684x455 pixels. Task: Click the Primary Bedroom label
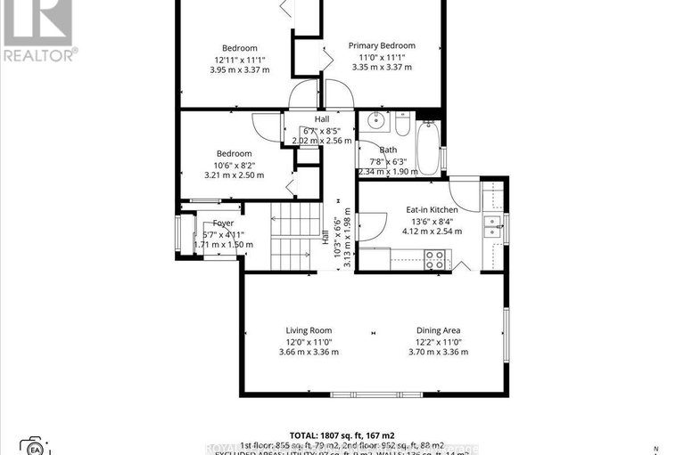382,45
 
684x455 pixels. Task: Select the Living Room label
309,330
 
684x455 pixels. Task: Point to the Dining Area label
438,330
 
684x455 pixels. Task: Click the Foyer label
223,223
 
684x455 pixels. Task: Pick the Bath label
388,150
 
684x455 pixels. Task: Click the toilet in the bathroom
401,125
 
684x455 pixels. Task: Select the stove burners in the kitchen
435,259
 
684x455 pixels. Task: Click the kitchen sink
491,227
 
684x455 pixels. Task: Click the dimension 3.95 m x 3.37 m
240,69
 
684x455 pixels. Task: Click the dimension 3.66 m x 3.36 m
309,352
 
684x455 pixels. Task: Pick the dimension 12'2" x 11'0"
438,341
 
